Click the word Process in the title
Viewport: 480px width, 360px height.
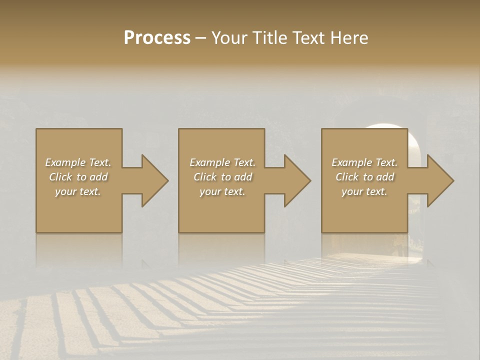pyautogui.click(x=157, y=37)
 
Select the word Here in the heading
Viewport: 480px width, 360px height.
pyautogui.click(x=349, y=37)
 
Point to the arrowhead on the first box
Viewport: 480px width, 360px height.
pyautogui.click(x=153, y=180)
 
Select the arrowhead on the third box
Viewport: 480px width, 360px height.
pyautogui.click(x=439, y=180)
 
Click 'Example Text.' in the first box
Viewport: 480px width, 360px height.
pyautogui.click(x=78, y=162)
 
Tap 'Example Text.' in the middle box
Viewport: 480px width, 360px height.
pyautogui.click(x=222, y=162)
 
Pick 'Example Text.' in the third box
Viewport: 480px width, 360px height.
pyautogui.click(x=364, y=162)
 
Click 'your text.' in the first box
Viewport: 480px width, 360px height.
pyautogui.click(x=78, y=191)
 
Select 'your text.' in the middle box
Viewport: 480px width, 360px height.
pyautogui.click(x=222, y=191)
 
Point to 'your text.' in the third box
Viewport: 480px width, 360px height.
pyautogui.click(x=364, y=191)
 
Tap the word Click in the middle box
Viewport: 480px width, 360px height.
pyautogui.click(x=205, y=177)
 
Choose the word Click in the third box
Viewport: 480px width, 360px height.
pyautogui.click(x=347, y=177)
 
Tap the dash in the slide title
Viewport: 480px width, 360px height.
pyautogui.click(x=201, y=38)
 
